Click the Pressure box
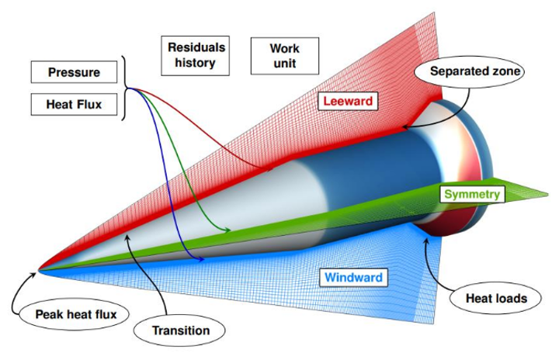75,72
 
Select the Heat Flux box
75,105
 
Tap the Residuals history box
196,56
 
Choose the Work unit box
285,56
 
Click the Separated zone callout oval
470,71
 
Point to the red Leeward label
348,101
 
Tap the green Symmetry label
472,194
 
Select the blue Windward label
353,277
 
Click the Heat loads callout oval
496,298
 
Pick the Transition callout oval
179,331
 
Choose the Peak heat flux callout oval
75,314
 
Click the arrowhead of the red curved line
270,168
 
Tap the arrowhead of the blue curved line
200,259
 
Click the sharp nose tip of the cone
39,270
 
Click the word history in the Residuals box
195,63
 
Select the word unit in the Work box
285,64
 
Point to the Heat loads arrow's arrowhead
425,240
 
